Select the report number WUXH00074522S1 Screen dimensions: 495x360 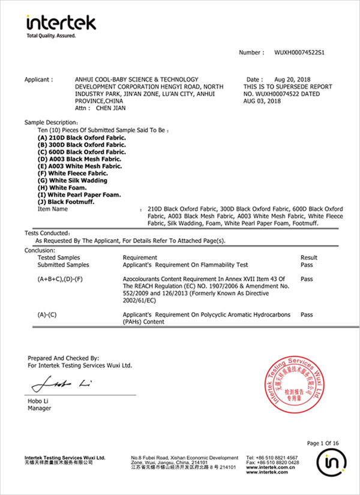[299, 53]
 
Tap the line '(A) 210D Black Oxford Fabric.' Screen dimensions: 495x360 [82, 137]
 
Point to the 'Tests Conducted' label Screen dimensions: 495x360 [47, 232]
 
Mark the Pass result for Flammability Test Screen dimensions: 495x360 [307, 265]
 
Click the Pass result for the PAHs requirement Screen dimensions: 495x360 [307, 314]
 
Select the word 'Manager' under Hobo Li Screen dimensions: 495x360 [40, 409]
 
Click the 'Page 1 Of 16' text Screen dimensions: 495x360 [323, 443]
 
